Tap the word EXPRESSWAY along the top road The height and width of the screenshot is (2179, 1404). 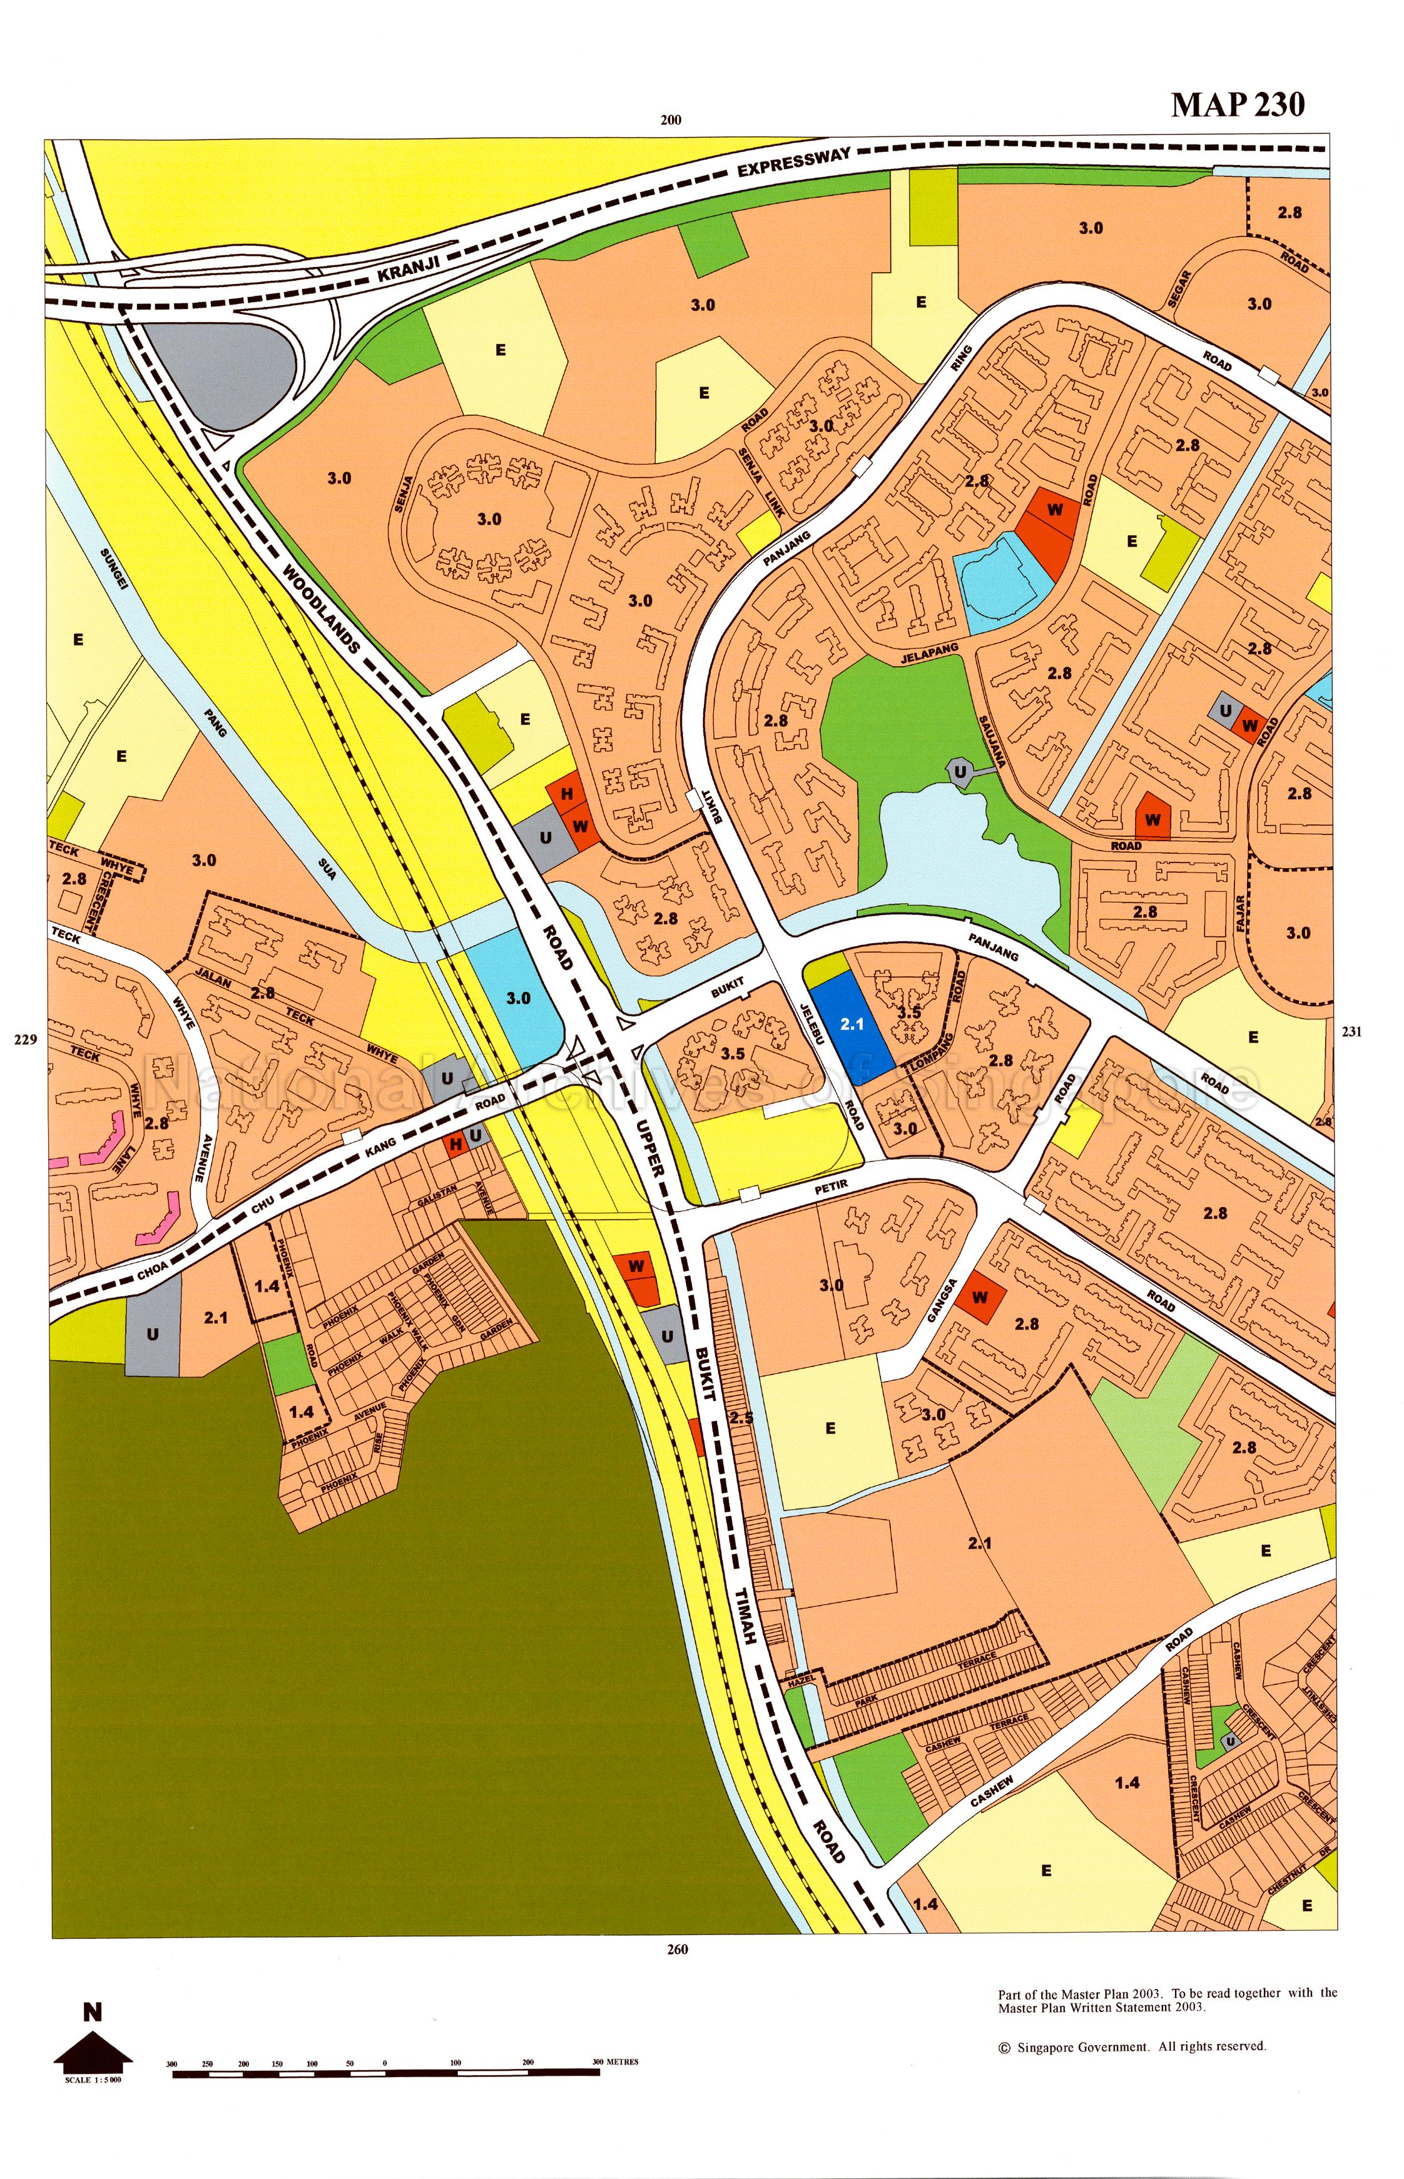(x=793, y=162)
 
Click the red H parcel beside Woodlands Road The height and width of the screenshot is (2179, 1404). (x=566, y=794)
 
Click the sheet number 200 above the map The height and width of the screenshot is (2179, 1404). (x=671, y=120)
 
